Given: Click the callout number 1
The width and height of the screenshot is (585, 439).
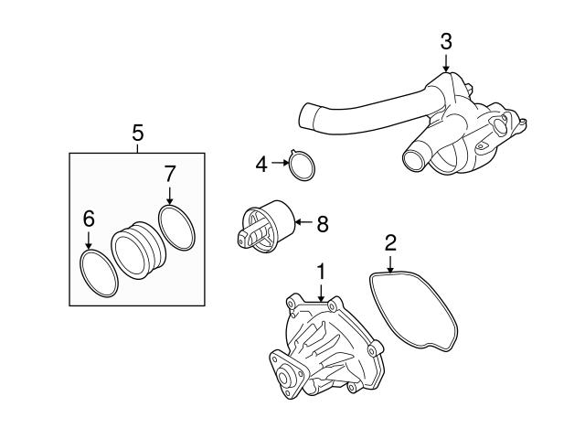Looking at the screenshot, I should click(x=321, y=271).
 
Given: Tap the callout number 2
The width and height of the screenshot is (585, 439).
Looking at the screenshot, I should click(x=390, y=242).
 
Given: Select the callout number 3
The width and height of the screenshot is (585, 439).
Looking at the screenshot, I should click(x=446, y=40).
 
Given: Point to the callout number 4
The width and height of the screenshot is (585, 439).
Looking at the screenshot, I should click(x=261, y=165).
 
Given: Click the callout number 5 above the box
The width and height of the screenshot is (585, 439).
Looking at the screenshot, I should click(x=138, y=134).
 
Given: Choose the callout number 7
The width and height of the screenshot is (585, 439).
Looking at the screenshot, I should click(x=169, y=173).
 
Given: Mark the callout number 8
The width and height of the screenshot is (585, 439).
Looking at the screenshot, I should click(x=321, y=220).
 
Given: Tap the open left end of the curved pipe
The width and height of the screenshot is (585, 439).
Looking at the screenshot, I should click(x=310, y=117).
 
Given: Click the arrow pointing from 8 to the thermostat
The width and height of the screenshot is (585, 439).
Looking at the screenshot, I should click(x=303, y=220).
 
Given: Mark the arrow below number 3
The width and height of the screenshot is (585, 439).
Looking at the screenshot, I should click(x=446, y=61).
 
